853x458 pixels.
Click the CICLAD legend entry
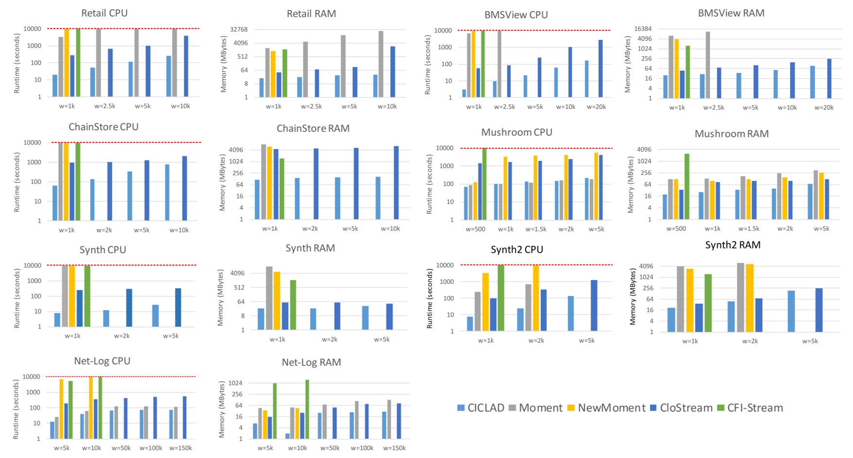pos(481,408)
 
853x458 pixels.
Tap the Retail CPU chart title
pos(104,13)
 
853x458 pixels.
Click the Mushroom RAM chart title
pos(731,134)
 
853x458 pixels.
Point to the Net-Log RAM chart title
pos(312,362)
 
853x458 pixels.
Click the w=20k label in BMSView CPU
pos(596,107)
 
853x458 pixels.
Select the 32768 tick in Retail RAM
pos(239,29)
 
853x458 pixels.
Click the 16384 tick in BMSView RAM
pos(643,29)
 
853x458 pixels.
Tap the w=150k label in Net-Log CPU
pos(180,448)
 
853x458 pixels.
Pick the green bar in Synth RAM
pos(293,305)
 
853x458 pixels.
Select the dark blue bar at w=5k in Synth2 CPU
pos(594,305)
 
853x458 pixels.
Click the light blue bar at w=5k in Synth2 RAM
pos(791,311)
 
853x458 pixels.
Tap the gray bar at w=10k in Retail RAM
pos(381,64)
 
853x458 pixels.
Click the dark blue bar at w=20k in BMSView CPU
pos(601,69)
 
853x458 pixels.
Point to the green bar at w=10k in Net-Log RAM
pos(307,409)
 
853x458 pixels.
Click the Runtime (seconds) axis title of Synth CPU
pos(17,298)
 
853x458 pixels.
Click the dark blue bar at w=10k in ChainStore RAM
pos(396,182)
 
